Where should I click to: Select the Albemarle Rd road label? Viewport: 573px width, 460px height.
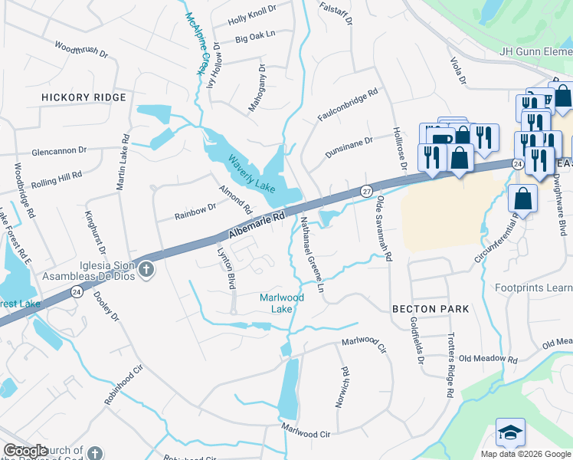[x=257, y=225]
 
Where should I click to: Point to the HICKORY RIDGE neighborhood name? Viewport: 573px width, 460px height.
[x=83, y=98]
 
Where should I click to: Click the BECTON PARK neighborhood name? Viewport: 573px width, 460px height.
[x=430, y=308]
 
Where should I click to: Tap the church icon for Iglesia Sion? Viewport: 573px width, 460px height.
[x=146, y=270]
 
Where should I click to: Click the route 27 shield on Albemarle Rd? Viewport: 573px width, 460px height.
[x=367, y=190]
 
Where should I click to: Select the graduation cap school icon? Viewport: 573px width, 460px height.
[x=510, y=433]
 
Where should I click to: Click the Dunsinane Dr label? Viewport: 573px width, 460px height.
[x=347, y=146]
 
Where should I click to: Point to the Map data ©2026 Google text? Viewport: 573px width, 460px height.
[x=525, y=454]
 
